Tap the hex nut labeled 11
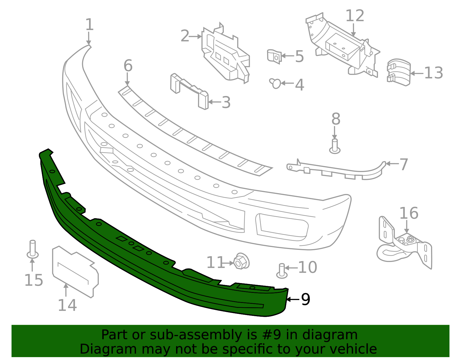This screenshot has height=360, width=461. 241,261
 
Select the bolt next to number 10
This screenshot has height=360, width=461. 282,271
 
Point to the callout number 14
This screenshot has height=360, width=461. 67,306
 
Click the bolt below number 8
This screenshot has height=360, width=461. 335,146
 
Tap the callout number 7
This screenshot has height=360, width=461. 404,164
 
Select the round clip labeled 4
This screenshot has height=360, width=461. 275,83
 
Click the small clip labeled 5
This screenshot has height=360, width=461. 274,56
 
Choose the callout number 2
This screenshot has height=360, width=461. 185,36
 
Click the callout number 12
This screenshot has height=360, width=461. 355,16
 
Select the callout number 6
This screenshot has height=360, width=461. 128,66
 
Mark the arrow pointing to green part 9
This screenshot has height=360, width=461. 292,300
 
